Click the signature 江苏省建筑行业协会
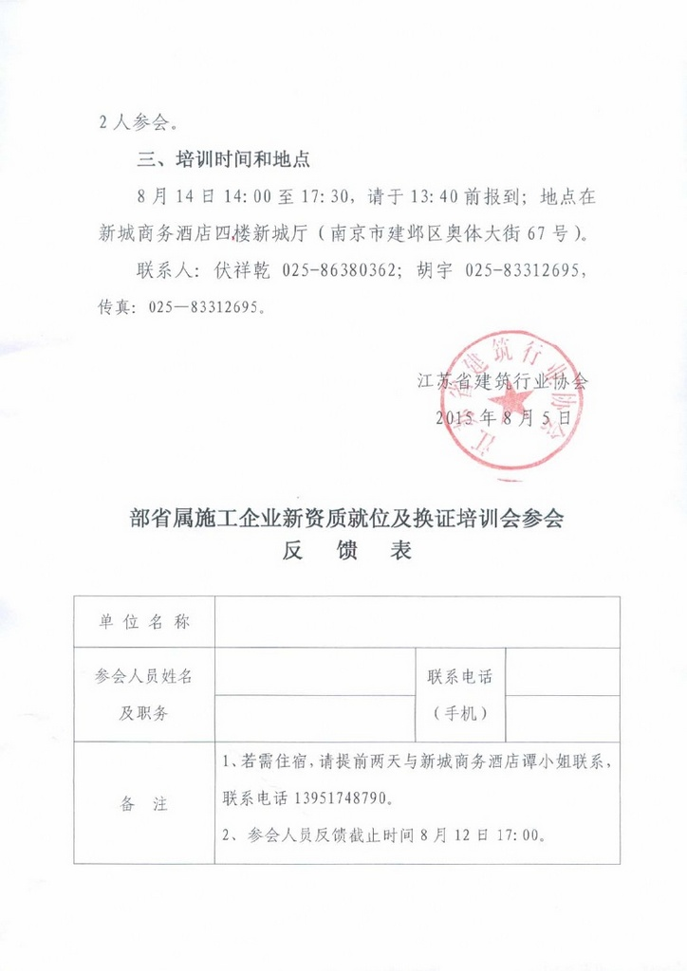(x=503, y=382)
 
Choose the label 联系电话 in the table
(x=460, y=677)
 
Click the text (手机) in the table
(x=460, y=714)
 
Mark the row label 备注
(x=144, y=804)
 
